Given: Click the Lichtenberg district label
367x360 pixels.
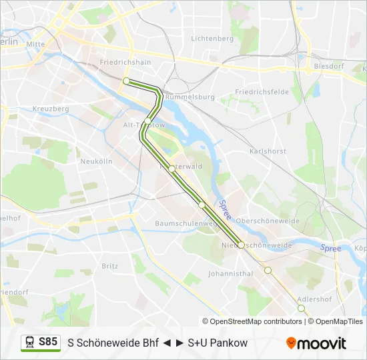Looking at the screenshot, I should pos(212,39).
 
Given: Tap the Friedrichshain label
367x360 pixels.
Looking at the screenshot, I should pos(125,62).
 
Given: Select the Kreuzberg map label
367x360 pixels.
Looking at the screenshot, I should pos(51,109).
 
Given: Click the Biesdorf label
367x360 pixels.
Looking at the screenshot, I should pos(327,67).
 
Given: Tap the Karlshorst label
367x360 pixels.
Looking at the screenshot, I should pos(267,151).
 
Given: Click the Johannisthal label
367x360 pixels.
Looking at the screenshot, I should pos(230,273).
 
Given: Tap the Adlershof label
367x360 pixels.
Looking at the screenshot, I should pos(314,299).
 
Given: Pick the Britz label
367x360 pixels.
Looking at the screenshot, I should pos(109,265).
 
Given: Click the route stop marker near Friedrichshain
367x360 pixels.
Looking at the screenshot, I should pos(126,81).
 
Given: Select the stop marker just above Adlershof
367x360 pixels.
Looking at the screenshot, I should pos(268,270).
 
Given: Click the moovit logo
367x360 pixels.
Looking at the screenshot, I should pos(316,343).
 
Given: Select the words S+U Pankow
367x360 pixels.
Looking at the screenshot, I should pos(218,343).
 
